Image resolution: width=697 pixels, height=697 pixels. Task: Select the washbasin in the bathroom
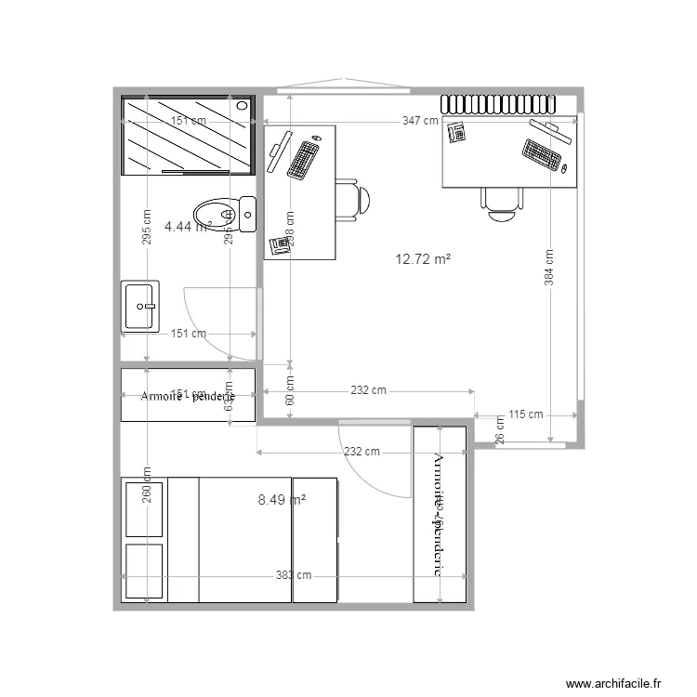tap(140, 306)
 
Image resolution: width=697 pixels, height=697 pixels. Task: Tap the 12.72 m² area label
tap(423, 259)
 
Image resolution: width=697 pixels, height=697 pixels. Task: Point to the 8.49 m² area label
tap(282, 500)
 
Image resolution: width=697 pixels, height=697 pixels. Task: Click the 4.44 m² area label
tap(186, 225)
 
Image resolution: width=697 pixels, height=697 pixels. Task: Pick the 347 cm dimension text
tap(421, 121)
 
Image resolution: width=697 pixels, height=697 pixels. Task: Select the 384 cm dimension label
tap(549, 268)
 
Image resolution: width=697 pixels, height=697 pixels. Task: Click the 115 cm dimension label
tap(527, 414)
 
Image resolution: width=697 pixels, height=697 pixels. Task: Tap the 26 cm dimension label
tap(500, 433)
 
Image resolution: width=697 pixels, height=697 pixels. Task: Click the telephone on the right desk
tap(455, 132)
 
